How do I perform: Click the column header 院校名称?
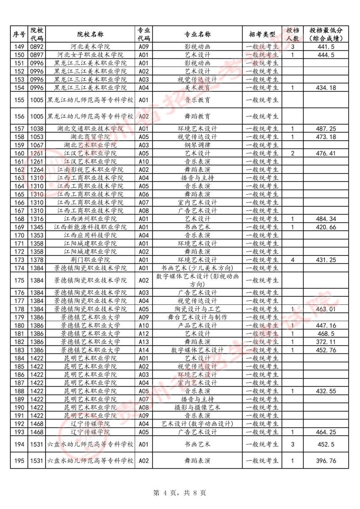pyautogui.click(x=90, y=34)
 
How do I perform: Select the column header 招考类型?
pyautogui.click(x=262, y=34)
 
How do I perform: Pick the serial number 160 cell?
pyautogui.click(x=19, y=153)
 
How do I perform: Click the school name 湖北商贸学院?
pyautogui.click(x=90, y=137)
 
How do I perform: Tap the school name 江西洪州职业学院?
pyautogui.click(x=90, y=219)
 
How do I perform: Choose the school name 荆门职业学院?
pyautogui.click(x=90, y=260)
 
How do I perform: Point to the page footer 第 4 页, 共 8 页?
pyautogui.click(x=180, y=493)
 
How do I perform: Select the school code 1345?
pyautogui.click(x=36, y=227)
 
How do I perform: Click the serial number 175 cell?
pyautogui.click(x=19, y=280)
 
